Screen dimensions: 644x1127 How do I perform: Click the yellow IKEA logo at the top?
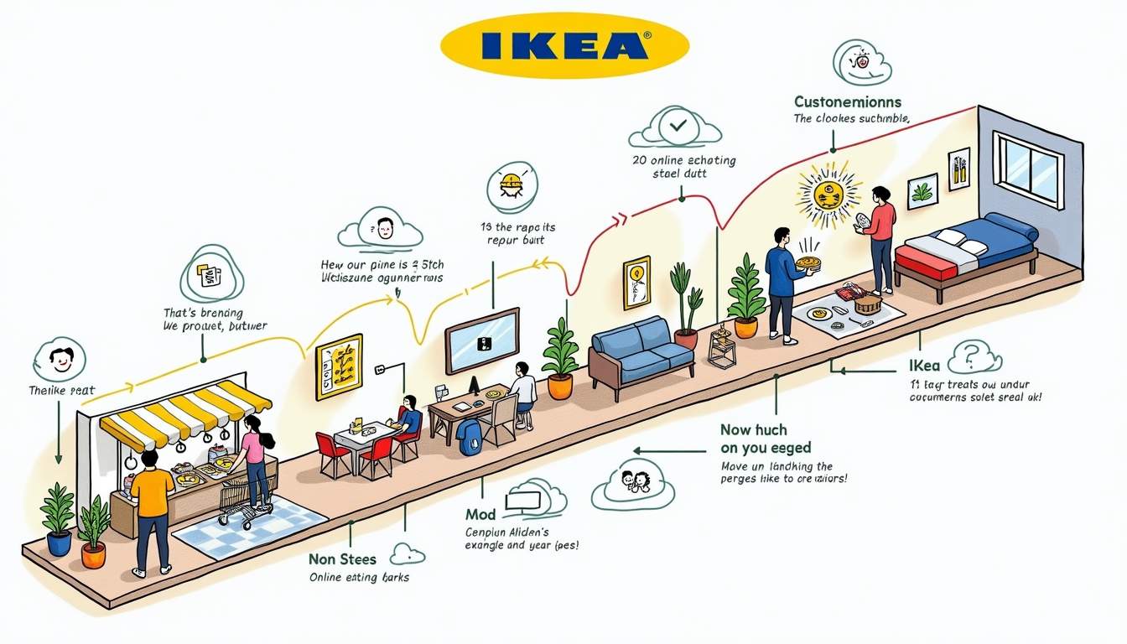pyautogui.click(x=564, y=45)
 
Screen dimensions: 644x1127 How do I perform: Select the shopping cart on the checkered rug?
pyautogui.click(x=240, y=504)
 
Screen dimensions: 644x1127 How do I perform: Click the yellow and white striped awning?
pyautogui.click(x=185, y=413)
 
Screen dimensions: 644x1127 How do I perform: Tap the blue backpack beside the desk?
pyautogui.click(x=470, y=437)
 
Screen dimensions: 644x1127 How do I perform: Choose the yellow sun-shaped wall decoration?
pyautogui.click(x=828, y=195)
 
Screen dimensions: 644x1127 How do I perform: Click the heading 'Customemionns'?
pyautogui.click(x=848, y=102)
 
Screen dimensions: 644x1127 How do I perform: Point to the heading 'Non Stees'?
pyautogui.click(x=343, y=559)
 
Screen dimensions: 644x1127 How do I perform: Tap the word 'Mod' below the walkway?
pyautogui.click(x=480, y=514)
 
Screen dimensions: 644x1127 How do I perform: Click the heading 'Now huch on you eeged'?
pyautogui.click(x=765, y=439)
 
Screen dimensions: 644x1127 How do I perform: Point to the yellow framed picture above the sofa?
pyautogui.click(x=636, y=282)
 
